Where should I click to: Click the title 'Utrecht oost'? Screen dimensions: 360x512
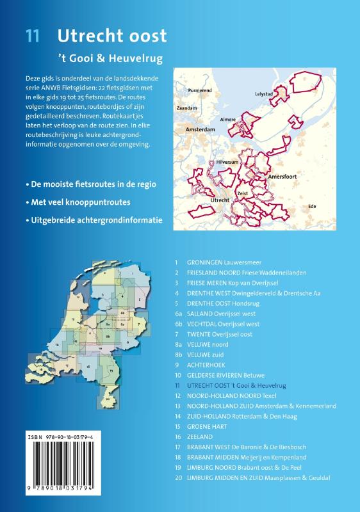[112, 35]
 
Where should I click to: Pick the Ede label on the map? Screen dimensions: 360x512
[313, 207]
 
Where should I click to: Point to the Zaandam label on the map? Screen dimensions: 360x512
[186, 109]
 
